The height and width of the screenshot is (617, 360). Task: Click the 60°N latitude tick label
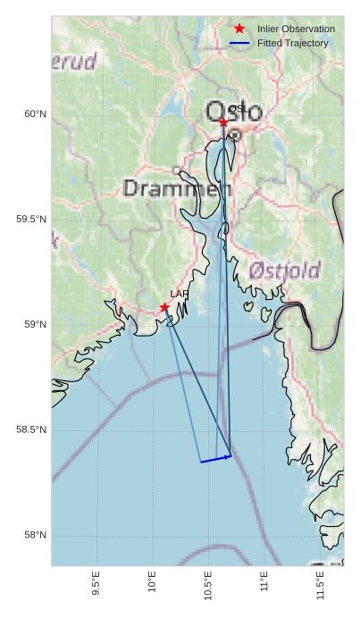pos(35,113)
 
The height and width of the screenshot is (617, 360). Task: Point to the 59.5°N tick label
pos(31,219)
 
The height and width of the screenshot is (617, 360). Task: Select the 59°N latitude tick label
pos(35,324)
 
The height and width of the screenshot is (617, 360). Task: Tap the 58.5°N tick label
pos(31,429)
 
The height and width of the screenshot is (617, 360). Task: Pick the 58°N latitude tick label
pos(35,535)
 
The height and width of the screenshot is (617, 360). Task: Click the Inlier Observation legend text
pos(296,29)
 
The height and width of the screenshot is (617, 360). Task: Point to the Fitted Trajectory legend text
pos(292,43)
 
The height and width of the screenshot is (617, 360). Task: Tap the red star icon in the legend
pos(239,29)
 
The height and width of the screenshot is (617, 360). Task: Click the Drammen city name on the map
pos(177,189)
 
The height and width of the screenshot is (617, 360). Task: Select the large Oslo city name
pos(234,112)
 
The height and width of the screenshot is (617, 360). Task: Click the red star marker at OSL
pos(223,121)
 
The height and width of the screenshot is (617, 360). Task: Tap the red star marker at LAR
pos(164,307)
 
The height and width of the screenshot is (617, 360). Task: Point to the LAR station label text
pos(180,294)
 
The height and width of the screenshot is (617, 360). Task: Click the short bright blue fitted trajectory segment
pos(216,459)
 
